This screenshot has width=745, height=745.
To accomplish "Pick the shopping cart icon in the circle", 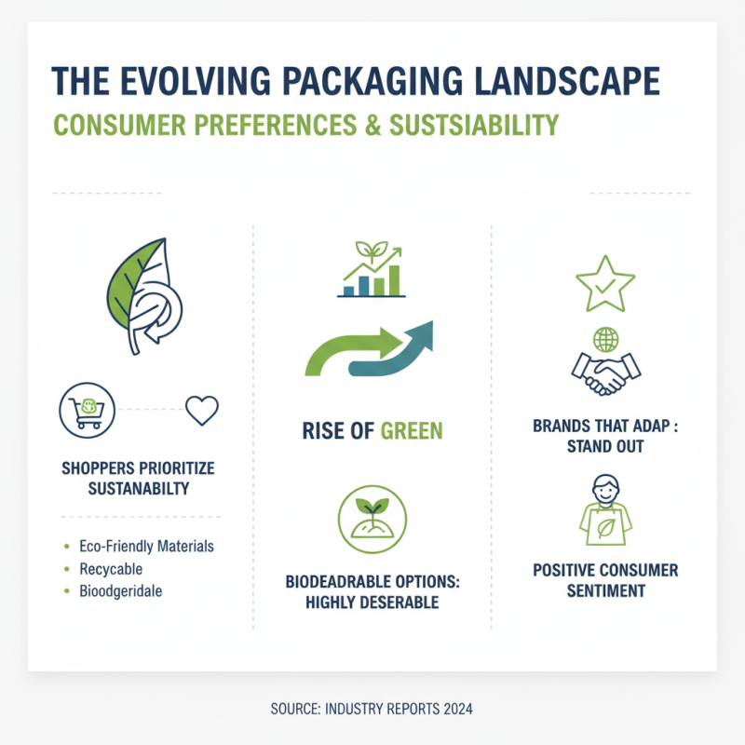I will (x=85, y=409).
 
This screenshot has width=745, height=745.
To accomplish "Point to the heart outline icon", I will (x=201, y=409).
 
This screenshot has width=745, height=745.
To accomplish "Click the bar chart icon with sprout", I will (x=371, y=271).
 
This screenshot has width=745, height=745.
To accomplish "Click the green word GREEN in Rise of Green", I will (x=410, y=430).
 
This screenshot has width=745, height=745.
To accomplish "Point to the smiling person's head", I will (x=605, y=490).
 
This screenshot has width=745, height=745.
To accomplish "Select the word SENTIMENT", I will (x=605, y=590).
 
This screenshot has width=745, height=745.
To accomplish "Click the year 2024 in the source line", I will (x=456, y=710).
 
